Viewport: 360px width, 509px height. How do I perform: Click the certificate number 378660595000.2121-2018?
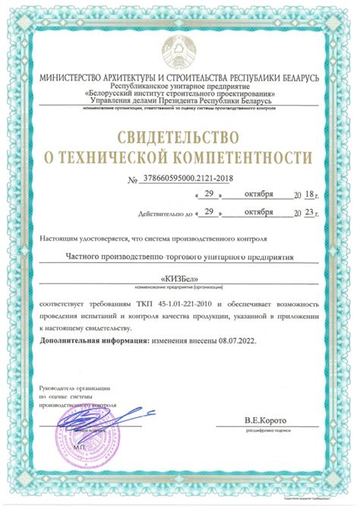(x=185, y=179)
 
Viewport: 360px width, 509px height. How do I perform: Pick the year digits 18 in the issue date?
(x=308, y=195)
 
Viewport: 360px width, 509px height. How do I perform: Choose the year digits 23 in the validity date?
(x=308, y=213)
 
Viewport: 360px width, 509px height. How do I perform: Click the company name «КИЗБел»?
(x=179, y=279)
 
